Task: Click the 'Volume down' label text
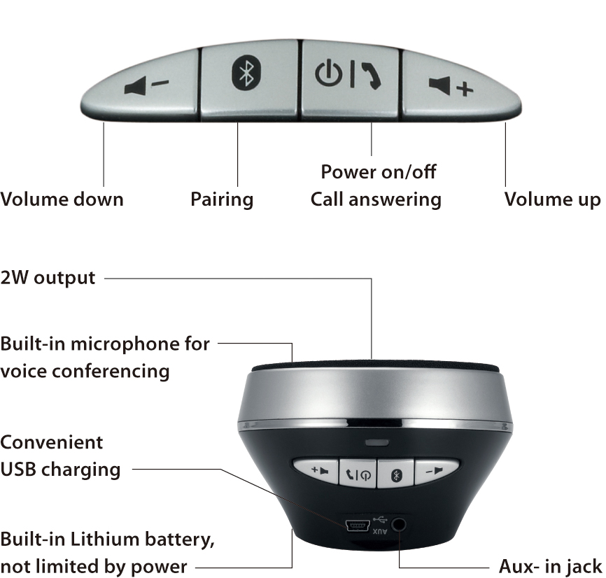point(62,199)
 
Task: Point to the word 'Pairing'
point(222,199)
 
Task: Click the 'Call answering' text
point(376,199)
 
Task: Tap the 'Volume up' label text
point(552,199)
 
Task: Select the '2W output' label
point(48,278)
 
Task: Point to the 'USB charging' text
point(60,469)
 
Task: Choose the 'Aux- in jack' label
point(550,566)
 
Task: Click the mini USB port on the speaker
point(358,525)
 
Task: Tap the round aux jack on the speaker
point(400,523)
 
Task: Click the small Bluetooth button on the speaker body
point(394,474)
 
